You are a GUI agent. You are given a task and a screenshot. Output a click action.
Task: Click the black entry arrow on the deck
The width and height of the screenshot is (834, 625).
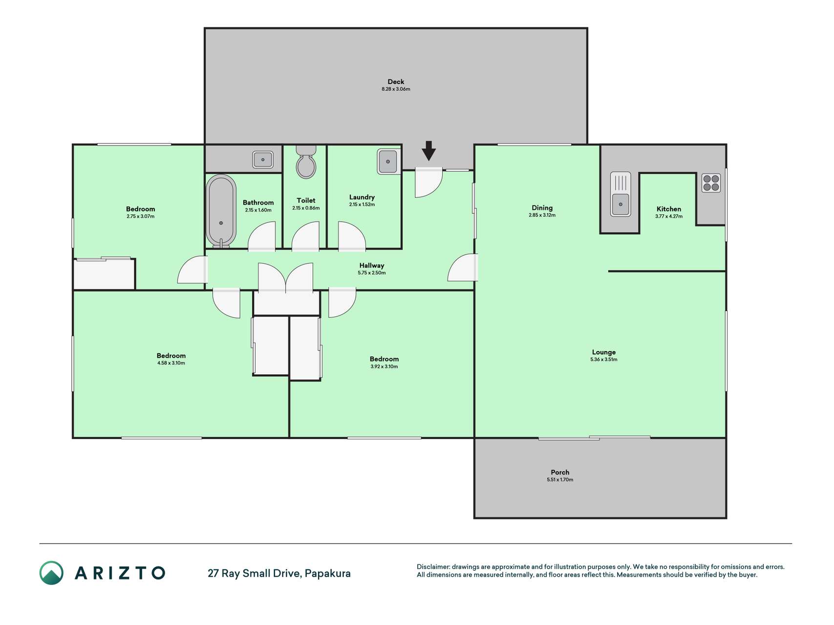click(428, 151)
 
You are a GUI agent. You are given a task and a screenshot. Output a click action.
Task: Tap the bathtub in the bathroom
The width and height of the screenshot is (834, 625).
click(221, 211)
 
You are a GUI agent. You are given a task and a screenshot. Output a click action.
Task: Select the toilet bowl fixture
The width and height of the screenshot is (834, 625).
click(306, 161)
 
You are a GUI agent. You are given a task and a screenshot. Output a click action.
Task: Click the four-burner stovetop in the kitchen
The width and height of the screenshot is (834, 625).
click(711, 183)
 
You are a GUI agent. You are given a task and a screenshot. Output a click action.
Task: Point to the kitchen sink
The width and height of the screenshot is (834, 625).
click(620, 194)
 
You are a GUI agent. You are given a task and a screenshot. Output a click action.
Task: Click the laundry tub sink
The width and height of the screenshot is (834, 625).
click(388, 162)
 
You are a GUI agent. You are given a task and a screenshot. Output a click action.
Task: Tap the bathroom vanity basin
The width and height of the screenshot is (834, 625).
click(263, 160)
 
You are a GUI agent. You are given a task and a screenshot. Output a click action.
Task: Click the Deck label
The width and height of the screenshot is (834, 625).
click(396, 82)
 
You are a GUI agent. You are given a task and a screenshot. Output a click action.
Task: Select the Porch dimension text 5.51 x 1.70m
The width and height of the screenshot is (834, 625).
click(560, 479)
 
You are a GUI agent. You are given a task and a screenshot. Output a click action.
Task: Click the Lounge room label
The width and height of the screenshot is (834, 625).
click(604, 352)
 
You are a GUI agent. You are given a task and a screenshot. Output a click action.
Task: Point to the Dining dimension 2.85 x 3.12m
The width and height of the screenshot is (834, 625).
click(542, 215)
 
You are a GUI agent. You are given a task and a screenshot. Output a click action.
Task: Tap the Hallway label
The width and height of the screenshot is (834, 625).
click(372, 266)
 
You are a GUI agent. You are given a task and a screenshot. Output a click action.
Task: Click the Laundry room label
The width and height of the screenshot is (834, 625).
click(362, 197)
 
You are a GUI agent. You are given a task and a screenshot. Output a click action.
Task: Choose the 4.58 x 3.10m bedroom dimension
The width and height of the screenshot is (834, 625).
click(171, 363)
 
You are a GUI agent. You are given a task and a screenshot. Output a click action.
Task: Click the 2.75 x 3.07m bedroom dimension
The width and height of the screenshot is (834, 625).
click(140, 216)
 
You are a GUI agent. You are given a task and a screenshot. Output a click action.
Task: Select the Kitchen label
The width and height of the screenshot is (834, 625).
click(669, 209)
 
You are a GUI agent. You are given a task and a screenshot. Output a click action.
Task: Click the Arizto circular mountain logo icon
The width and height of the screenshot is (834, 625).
click(51, 573)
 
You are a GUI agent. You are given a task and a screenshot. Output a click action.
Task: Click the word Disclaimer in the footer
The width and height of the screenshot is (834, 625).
click(433, 567)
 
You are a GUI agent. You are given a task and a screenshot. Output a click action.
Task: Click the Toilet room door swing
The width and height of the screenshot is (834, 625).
click(306, 236)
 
